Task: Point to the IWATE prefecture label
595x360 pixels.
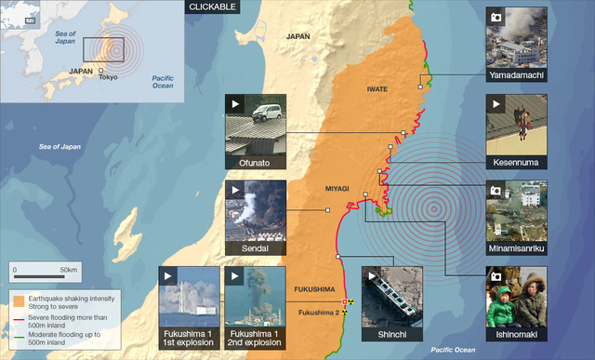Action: coord(377,89)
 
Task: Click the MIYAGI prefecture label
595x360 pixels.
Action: coord(336,189)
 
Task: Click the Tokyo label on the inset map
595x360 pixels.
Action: coord(108,77)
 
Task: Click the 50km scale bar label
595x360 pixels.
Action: coord(68,269)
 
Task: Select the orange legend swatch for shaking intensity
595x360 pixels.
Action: coord(19,299)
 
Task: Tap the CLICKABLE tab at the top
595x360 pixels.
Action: coord(213,7)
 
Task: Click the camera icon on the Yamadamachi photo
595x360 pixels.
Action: coord(496,16)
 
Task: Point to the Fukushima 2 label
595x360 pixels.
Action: coord(318,313)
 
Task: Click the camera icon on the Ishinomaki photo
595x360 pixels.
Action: coord(496,276)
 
